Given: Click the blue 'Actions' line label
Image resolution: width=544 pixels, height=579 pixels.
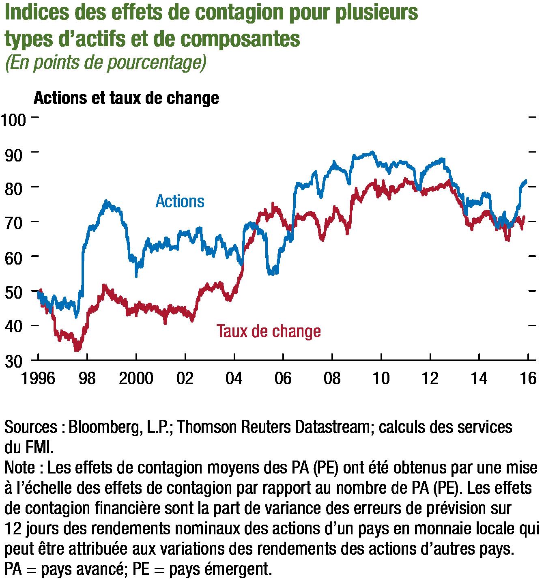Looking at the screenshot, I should click(180, 202).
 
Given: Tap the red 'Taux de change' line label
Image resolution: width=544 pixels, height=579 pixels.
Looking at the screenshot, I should click(269, 331).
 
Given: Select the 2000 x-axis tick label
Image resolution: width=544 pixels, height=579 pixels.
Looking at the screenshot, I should click(136, 379).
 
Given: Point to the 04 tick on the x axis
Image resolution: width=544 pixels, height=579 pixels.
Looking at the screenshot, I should click(234, 379).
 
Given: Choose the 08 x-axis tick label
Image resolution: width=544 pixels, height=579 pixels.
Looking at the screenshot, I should click(332, 379).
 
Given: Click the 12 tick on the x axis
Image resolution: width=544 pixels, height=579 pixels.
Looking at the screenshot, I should click(430, 379).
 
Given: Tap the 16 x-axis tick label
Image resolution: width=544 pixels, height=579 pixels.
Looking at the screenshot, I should click(528, 379).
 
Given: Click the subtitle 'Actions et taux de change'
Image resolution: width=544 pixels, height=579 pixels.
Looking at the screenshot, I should click(127, 98).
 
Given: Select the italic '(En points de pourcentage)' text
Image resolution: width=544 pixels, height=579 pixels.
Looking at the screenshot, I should click(106, 63).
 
